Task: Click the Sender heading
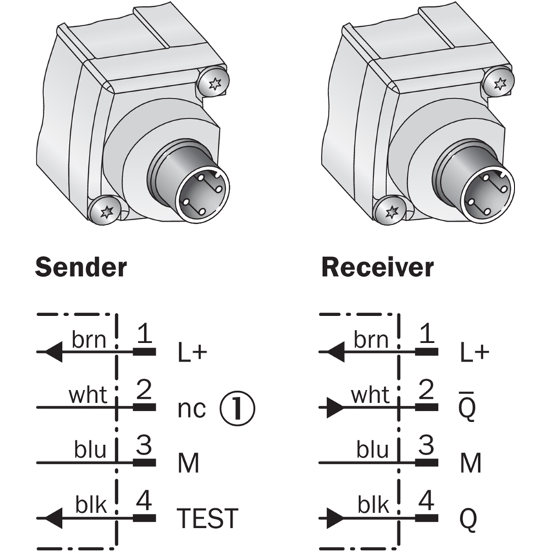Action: pos(81,267)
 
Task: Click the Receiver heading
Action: pos(377,267)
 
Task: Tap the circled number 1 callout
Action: pos(237,408)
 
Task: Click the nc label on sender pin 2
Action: pos(191,409)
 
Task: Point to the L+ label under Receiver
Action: pos(474,353)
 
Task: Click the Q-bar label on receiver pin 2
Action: pos(468,408)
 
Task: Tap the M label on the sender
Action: pos(188,464)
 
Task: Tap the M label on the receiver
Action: pos(470,464)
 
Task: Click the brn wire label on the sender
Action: pos(87,339)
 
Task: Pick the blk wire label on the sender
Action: pos(90,506)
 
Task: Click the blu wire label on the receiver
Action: pos(373,450)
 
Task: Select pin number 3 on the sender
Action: pos(144,445)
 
